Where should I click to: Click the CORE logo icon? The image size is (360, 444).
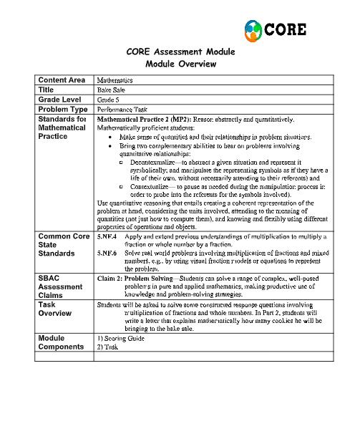coord(253,30)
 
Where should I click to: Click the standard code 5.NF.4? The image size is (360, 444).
coord(107,236)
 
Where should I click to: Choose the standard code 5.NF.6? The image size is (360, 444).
coord(107,253)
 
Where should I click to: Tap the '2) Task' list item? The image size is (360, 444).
coord(106,345)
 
